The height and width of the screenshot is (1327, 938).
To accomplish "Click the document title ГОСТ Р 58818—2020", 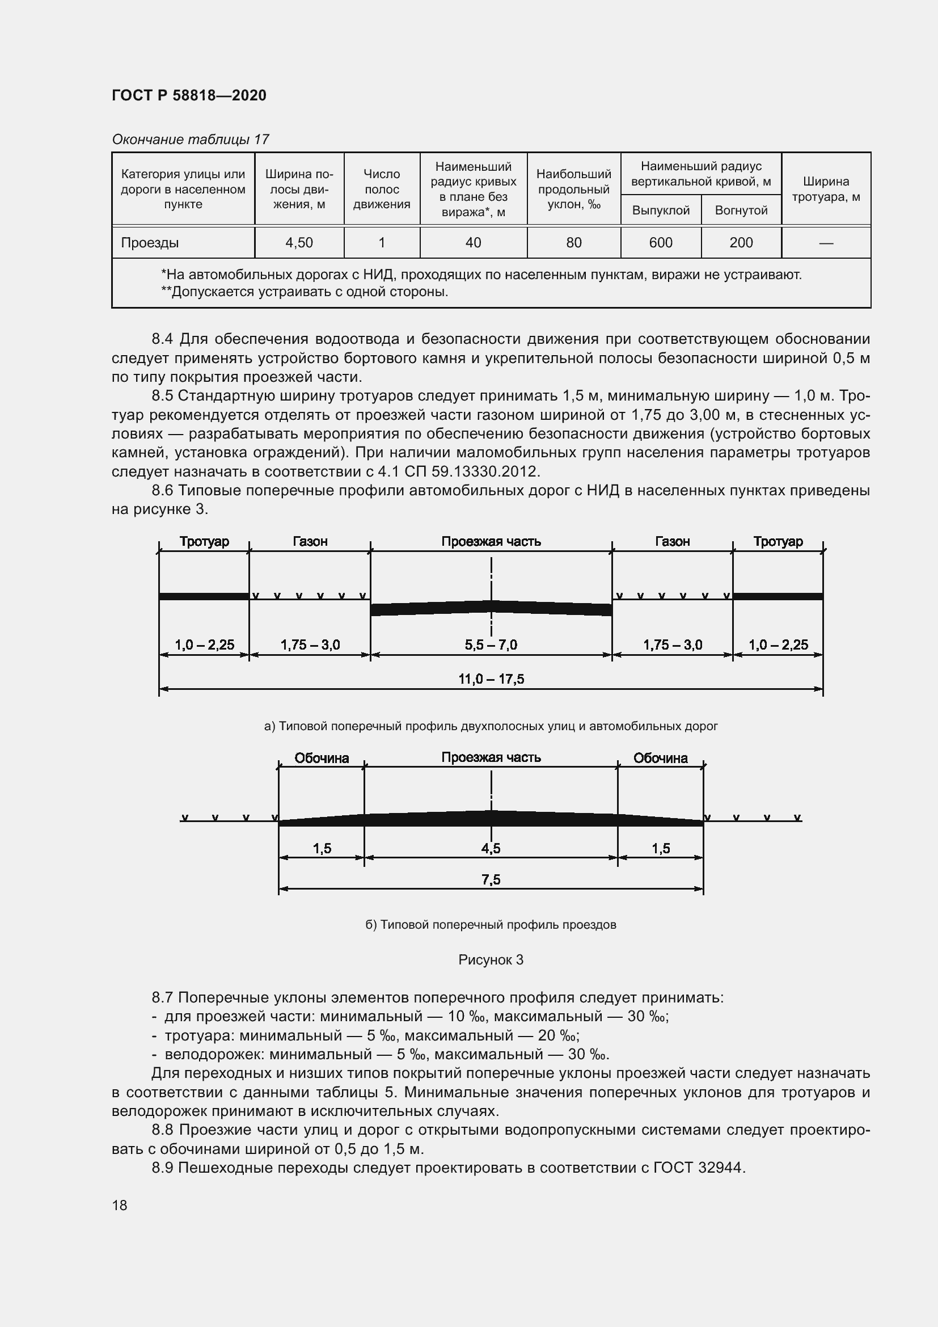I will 189,95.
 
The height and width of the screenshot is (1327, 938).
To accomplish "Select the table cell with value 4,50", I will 299,243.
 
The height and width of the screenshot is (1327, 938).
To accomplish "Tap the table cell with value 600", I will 660,243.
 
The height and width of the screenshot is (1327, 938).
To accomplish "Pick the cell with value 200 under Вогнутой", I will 741,243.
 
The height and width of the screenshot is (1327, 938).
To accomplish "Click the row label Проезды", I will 150,243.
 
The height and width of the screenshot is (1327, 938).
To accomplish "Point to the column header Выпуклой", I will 660,210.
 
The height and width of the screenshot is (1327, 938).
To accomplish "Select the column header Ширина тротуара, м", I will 825,189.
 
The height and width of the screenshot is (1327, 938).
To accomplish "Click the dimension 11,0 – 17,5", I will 491,679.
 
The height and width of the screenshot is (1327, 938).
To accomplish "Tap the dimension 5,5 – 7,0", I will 491,644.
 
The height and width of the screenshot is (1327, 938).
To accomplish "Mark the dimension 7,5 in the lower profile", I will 491,880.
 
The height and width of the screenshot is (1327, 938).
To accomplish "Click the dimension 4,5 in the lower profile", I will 491,848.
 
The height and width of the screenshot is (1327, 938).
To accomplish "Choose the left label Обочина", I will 322,759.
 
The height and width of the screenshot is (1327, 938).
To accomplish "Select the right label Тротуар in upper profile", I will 778,542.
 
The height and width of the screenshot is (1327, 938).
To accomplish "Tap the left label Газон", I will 310,542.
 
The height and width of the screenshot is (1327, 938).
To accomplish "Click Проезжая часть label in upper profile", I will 491,542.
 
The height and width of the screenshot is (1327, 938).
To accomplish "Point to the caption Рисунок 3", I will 491,960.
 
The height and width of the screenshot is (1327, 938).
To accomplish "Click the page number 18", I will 120,1206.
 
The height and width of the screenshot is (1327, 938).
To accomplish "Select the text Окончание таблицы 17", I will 191,140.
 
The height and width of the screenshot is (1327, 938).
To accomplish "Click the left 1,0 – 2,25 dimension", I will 205,644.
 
